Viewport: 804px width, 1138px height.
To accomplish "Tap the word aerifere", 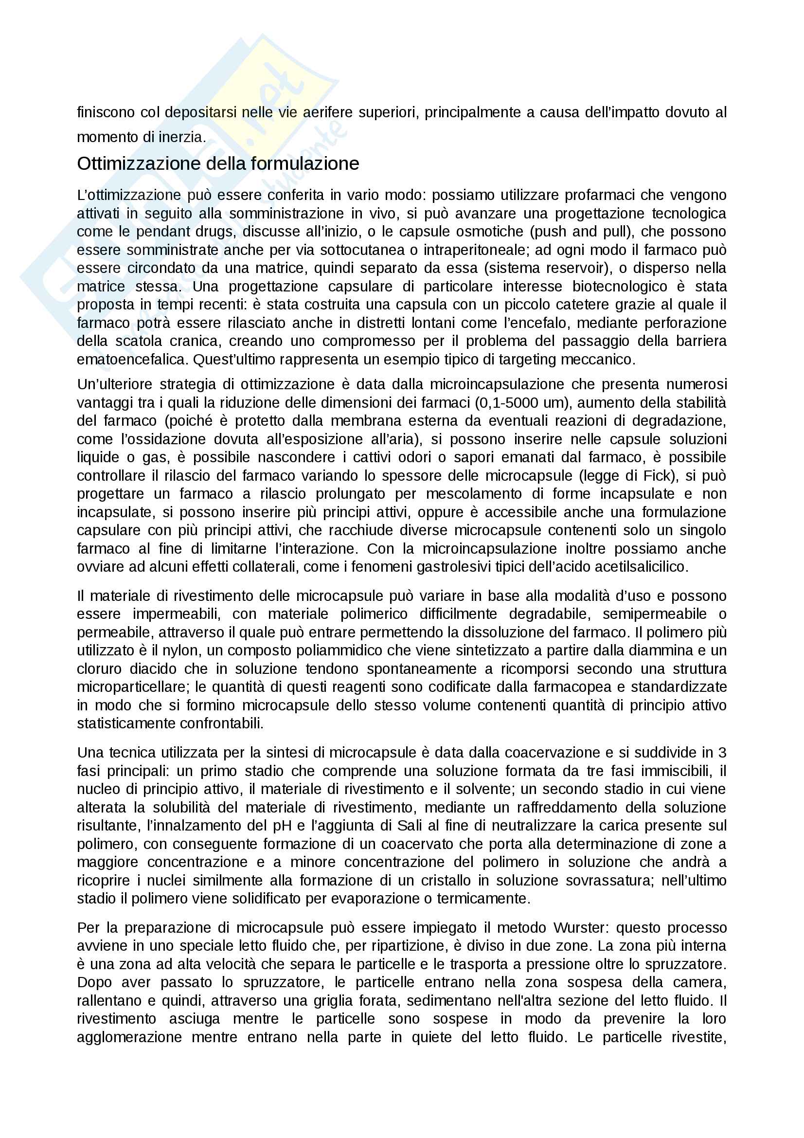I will pos(327,112).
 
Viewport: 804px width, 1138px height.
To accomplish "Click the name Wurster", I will pos(579,928).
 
